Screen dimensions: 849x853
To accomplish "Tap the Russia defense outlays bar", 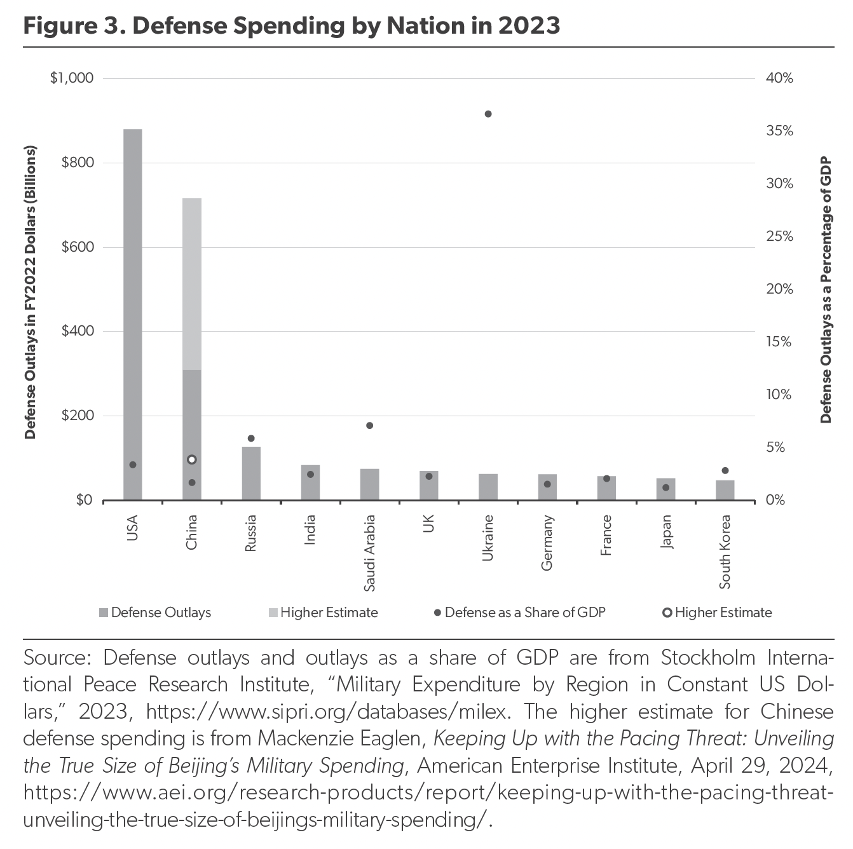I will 251,473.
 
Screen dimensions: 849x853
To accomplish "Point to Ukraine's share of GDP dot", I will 488,114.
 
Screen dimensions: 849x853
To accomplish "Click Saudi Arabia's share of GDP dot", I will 369,425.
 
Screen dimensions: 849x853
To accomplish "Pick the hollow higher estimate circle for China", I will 192,459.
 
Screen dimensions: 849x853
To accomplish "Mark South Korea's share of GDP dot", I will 725,470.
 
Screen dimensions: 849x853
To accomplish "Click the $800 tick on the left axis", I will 77,163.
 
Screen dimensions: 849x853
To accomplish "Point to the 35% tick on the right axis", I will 779,131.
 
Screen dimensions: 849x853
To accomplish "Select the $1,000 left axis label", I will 72,78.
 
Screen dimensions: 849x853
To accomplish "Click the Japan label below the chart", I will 665,532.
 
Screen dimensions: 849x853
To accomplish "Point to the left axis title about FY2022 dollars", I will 30,292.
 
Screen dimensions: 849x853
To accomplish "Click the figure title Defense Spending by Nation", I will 292,25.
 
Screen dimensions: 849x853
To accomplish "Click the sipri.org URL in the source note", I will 327,712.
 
